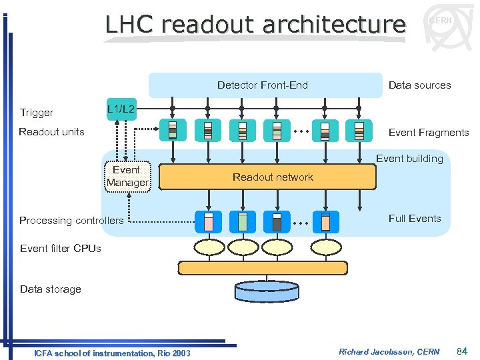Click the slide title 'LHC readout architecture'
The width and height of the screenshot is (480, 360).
point(255,25)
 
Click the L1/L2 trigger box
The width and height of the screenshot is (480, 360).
point(121,109)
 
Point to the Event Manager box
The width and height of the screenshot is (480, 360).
point(127,177)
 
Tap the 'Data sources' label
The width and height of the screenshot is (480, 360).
point(419,85)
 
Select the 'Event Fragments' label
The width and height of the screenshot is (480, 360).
point(429,133)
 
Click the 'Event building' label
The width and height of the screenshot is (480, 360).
point(409,159)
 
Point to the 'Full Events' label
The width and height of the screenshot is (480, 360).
point(415,219)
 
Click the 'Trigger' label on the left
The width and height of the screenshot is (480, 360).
point(37,113)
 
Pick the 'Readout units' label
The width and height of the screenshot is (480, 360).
point(51,132)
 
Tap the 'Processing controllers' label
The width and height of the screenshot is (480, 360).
point(71,221)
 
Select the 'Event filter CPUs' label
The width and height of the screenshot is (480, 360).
point(61,249)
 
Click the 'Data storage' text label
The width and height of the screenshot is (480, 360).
point(50,289)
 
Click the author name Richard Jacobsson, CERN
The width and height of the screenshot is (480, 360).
point(389,351)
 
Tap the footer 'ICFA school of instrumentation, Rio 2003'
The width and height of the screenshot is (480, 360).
point(112,353)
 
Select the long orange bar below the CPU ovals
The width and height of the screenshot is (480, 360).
point(263,268)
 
